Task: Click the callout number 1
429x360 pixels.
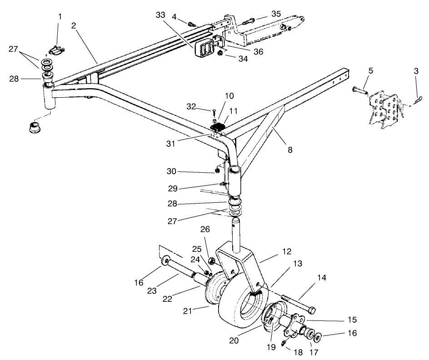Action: coord(59,17)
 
